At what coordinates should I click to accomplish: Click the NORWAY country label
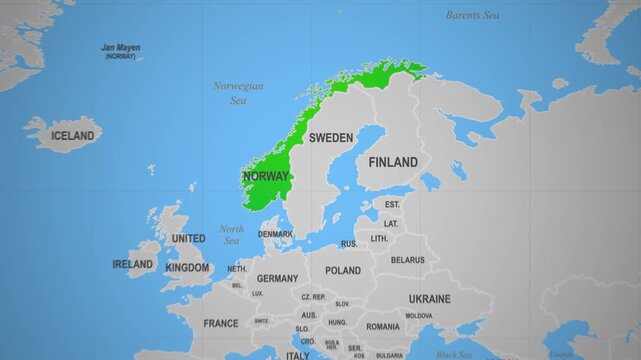(x=265, y=177)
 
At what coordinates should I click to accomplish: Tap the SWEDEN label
(x=330, y=137)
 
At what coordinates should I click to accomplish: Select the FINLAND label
(x=393, y=162)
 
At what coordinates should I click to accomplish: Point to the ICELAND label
(x=73, y=136)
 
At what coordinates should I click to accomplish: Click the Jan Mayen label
(x=121, y=48)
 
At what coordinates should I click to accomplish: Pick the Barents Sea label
(x=473, y=15)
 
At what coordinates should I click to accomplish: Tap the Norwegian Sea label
(x=238, y=93)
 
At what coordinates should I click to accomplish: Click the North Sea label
(x=231, y=234)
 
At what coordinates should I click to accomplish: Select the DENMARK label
(x=276, y=234)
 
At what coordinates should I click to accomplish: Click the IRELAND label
(x=133, y=264)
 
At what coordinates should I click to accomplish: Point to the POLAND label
(x=343, y=270)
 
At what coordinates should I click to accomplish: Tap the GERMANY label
(x=277, y=279)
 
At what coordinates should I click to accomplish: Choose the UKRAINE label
(x=429, y=298)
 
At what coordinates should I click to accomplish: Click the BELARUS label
(x=407, y=260)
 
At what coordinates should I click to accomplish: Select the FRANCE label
(x=221, y=323)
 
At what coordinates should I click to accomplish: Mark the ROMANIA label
(x=383, y=326)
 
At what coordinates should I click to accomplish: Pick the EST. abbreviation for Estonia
(x=392, y=204)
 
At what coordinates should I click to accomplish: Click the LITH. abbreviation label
(x=379, y=239)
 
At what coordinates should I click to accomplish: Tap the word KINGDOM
(x=187, y=267)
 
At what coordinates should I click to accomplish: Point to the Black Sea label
(x=454, y=353)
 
